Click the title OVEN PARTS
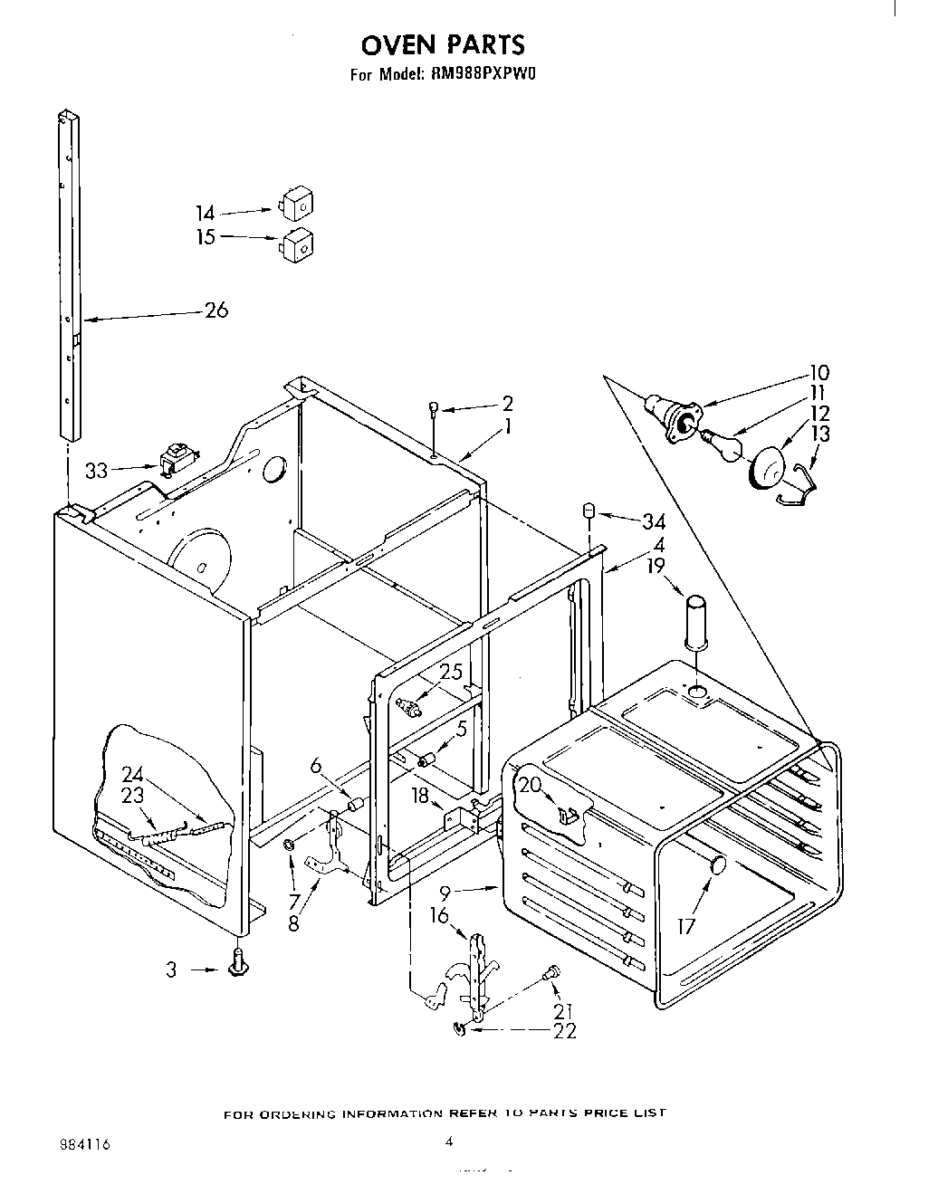[443, 44]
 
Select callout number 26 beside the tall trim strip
[216, 310]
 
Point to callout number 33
[96, 471]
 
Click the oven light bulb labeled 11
[723, 445]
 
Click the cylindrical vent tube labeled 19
[696, 621]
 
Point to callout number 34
[653, 521]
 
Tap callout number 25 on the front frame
[451, 672]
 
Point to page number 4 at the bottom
[449, 1142]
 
